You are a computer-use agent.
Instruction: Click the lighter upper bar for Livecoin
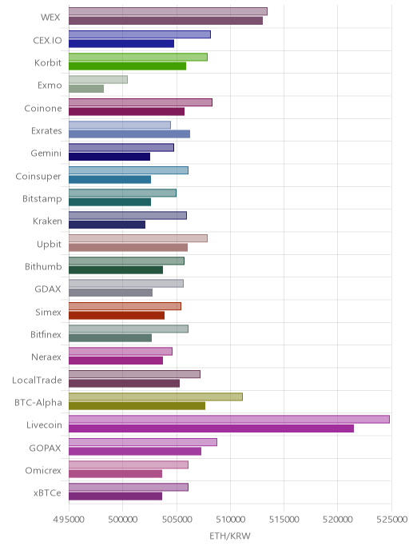coord(228,419)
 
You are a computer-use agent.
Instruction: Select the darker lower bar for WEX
coord(165,21)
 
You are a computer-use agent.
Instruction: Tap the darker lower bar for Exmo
coord(86,89)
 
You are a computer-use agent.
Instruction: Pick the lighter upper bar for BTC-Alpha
coord(156,397)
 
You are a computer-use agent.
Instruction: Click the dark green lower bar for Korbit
coord(127,66)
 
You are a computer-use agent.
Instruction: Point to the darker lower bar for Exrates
coord(129,134)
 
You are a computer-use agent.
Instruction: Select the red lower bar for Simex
coord(117,315)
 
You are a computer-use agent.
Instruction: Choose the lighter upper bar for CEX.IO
coord(140,34)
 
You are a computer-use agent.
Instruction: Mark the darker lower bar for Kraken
coord(107,225)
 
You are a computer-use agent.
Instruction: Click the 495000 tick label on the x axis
coord(69,519)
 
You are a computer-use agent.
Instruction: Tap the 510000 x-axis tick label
coord(230,519)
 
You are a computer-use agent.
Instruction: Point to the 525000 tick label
coord(391,519)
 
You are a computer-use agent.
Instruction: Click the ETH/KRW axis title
coord(230,536)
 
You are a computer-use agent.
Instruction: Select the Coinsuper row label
coord(38,176)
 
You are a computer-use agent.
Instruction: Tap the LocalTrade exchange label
coord(37,380)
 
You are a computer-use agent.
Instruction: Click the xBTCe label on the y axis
coord(47,492)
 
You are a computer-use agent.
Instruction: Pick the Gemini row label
coord(46,153)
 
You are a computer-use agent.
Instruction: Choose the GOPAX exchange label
coord(45,448)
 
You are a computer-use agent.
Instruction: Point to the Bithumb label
coord(43,266)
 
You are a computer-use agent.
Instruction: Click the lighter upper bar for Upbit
coord(138,238)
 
